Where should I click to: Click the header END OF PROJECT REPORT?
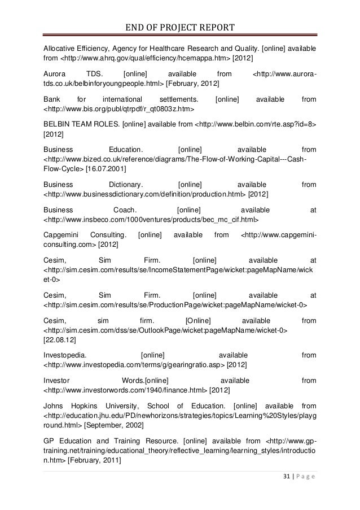tap(180, 28)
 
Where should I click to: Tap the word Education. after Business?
tap(126, 150)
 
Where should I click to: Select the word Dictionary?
tap(125, 185)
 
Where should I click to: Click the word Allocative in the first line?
tap(61, 49)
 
